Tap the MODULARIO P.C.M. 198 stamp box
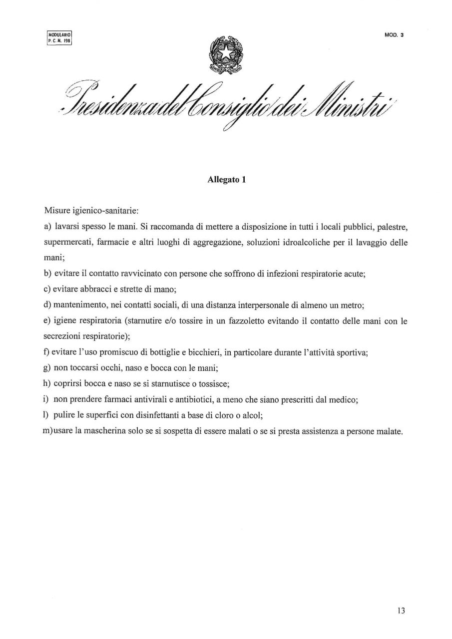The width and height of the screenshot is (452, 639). coord(59,38)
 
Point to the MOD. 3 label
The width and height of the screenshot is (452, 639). coord(394,35)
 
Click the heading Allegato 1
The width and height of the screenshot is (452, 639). coord(226,181)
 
